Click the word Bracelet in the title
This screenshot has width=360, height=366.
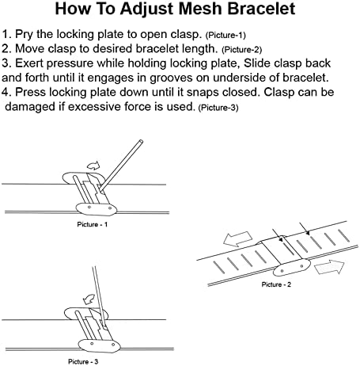261,9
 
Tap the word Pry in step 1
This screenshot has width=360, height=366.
25,35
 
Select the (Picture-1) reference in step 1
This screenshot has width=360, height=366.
225,36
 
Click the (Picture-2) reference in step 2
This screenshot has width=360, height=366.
242,50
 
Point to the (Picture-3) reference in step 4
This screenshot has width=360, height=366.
218,108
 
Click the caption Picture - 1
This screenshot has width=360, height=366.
93,224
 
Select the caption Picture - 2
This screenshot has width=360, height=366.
276,284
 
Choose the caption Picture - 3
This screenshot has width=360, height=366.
83,361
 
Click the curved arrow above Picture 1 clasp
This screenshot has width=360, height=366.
93,166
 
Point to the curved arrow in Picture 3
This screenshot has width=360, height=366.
89,299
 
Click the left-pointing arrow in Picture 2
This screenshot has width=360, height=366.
237,238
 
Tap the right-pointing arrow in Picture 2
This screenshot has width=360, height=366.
330,267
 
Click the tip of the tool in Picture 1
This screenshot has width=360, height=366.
100,189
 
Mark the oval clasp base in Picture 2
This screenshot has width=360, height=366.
291,268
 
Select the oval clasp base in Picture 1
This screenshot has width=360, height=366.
97,209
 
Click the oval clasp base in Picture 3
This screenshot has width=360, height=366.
99,346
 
